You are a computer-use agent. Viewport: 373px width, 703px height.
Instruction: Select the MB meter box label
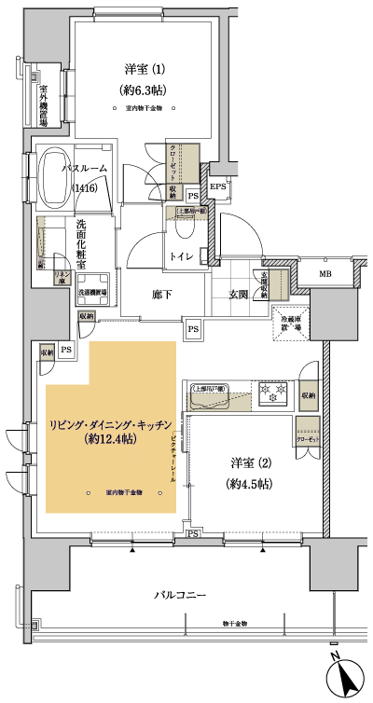pyautogui.click(x=325, y=274)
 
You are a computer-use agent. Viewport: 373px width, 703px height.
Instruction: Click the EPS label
pyautogui.click(x=217, y=187)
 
